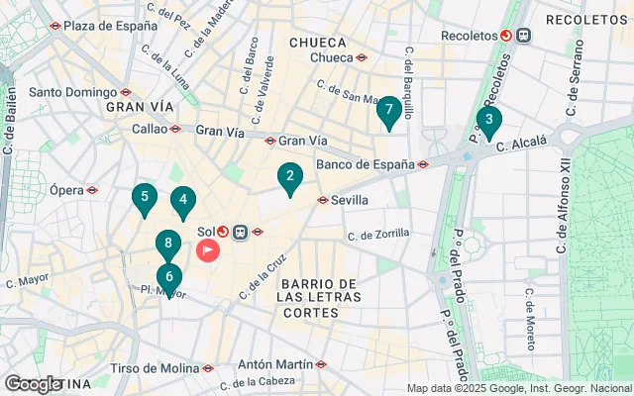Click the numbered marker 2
pos(289,178)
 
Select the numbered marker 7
pos(388,111)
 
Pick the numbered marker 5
pos(145,198)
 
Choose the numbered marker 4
pos(182,201)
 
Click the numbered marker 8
pos(168,244)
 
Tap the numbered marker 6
pos(169,278)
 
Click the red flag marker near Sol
pos(208,249)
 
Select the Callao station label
pos(151,129)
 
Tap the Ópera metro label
pos(67,189)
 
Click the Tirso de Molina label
pos(155,368)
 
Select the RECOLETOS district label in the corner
pos(586,20)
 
